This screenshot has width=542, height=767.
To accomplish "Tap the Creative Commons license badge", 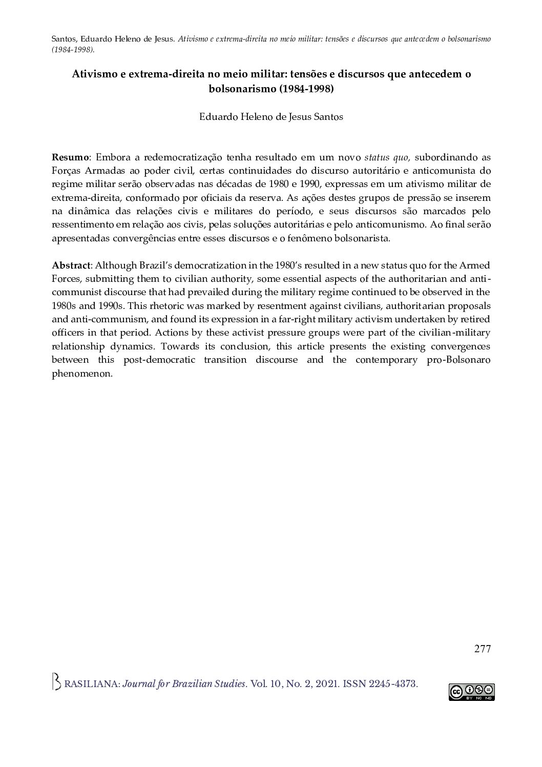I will pos(471,692).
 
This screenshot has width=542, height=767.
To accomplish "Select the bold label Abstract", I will pos(71,265).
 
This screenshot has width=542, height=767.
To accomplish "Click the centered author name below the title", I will pos(271,117).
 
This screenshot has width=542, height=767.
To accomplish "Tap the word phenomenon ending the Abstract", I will pos(82,374).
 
